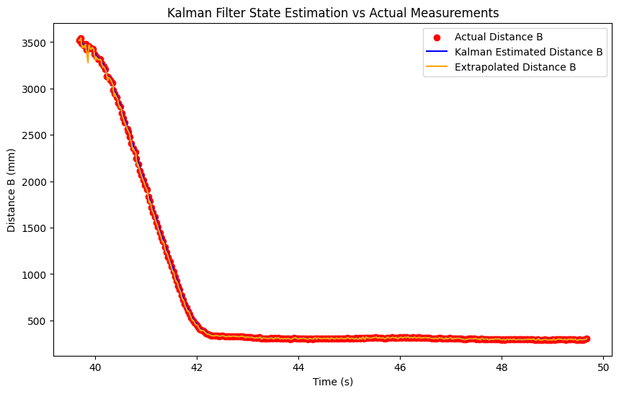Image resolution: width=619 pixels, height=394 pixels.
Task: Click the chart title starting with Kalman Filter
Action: point(333,13)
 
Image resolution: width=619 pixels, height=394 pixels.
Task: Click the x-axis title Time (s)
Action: point(333,381)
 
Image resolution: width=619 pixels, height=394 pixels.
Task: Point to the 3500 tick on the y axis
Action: point(35,42)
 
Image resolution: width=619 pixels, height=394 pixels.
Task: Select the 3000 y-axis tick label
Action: point(35,89)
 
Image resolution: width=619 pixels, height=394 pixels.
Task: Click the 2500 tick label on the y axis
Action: point(35,135)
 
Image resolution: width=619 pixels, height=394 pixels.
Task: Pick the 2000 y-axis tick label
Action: point(35,182)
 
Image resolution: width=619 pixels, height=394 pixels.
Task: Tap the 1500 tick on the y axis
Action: point(35,228)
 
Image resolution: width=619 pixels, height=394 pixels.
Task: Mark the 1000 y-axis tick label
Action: point(35,274)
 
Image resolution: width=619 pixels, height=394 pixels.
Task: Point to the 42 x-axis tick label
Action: point(197,366)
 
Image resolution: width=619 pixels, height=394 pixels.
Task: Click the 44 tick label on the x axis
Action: point(298,366)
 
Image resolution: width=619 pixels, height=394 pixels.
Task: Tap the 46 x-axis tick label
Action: point(400,366)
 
